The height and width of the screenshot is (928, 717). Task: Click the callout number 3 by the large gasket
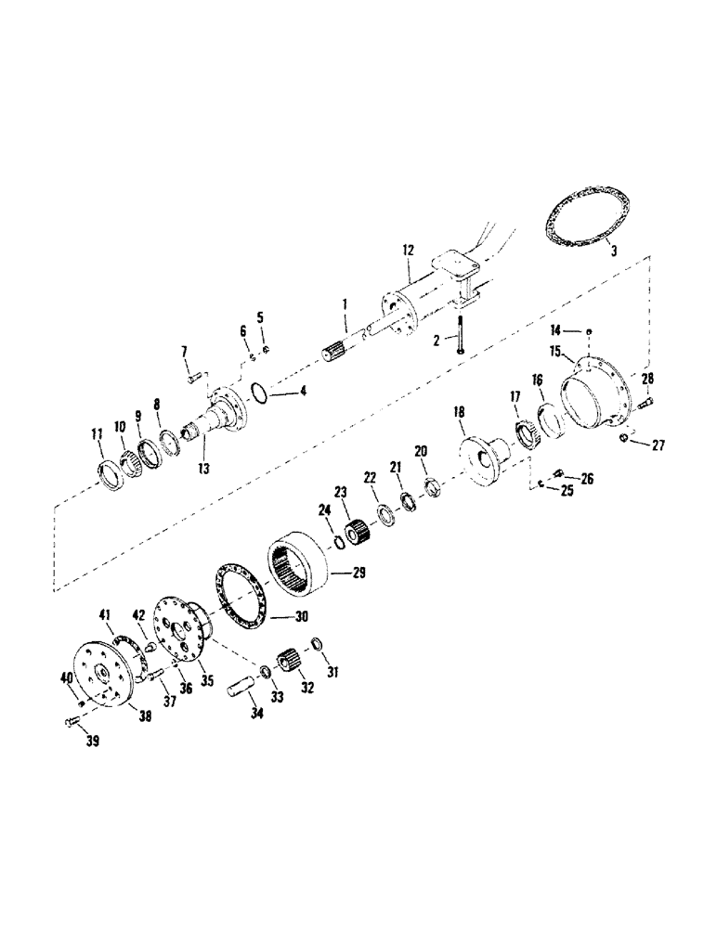pyautogui.click(x=610, y=250)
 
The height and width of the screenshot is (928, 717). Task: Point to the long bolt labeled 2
pyautogui.click(x=460, y=334)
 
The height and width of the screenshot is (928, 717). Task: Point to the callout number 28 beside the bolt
pyautogui.click(x=647, y=378)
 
